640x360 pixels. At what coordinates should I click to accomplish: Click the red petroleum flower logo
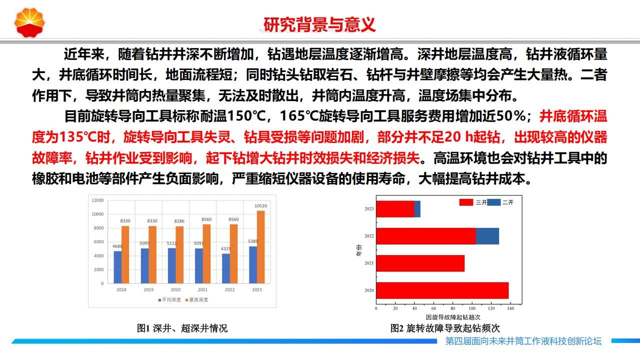click(29, 22)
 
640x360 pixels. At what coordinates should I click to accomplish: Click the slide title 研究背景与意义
click(319, 24)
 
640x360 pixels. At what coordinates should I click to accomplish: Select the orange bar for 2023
click(261, 247)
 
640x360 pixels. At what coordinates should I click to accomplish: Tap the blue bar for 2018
click(117, 267)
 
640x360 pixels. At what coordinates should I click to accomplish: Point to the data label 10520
click(260, 205)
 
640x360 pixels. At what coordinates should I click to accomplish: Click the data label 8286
click(179, 221)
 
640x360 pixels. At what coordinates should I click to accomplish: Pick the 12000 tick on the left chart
click(97, 200)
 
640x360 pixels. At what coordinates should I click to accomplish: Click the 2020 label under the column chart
click(175, 289)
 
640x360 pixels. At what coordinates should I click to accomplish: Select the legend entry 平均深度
click(169, 299)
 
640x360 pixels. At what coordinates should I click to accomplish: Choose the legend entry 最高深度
click(197, 299)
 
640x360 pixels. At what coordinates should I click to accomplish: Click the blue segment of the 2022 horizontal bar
click(487, 236)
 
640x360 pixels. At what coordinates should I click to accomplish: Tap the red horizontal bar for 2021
click(420, 263)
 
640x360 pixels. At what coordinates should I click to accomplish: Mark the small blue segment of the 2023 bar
click(417, 209)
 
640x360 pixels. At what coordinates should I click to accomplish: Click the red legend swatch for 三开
click(466, 202)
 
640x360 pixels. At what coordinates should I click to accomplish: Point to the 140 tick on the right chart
click(510, 308)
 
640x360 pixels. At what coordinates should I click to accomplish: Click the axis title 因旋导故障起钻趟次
click(453, 317)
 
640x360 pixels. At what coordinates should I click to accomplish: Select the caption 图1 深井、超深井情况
click(182, 328)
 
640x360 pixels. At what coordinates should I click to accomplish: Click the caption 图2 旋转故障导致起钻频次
click(445, 328)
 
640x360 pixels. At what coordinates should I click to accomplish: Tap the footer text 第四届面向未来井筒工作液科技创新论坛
click(523, 341)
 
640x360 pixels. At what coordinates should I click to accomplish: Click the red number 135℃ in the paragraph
click(78, 137)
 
